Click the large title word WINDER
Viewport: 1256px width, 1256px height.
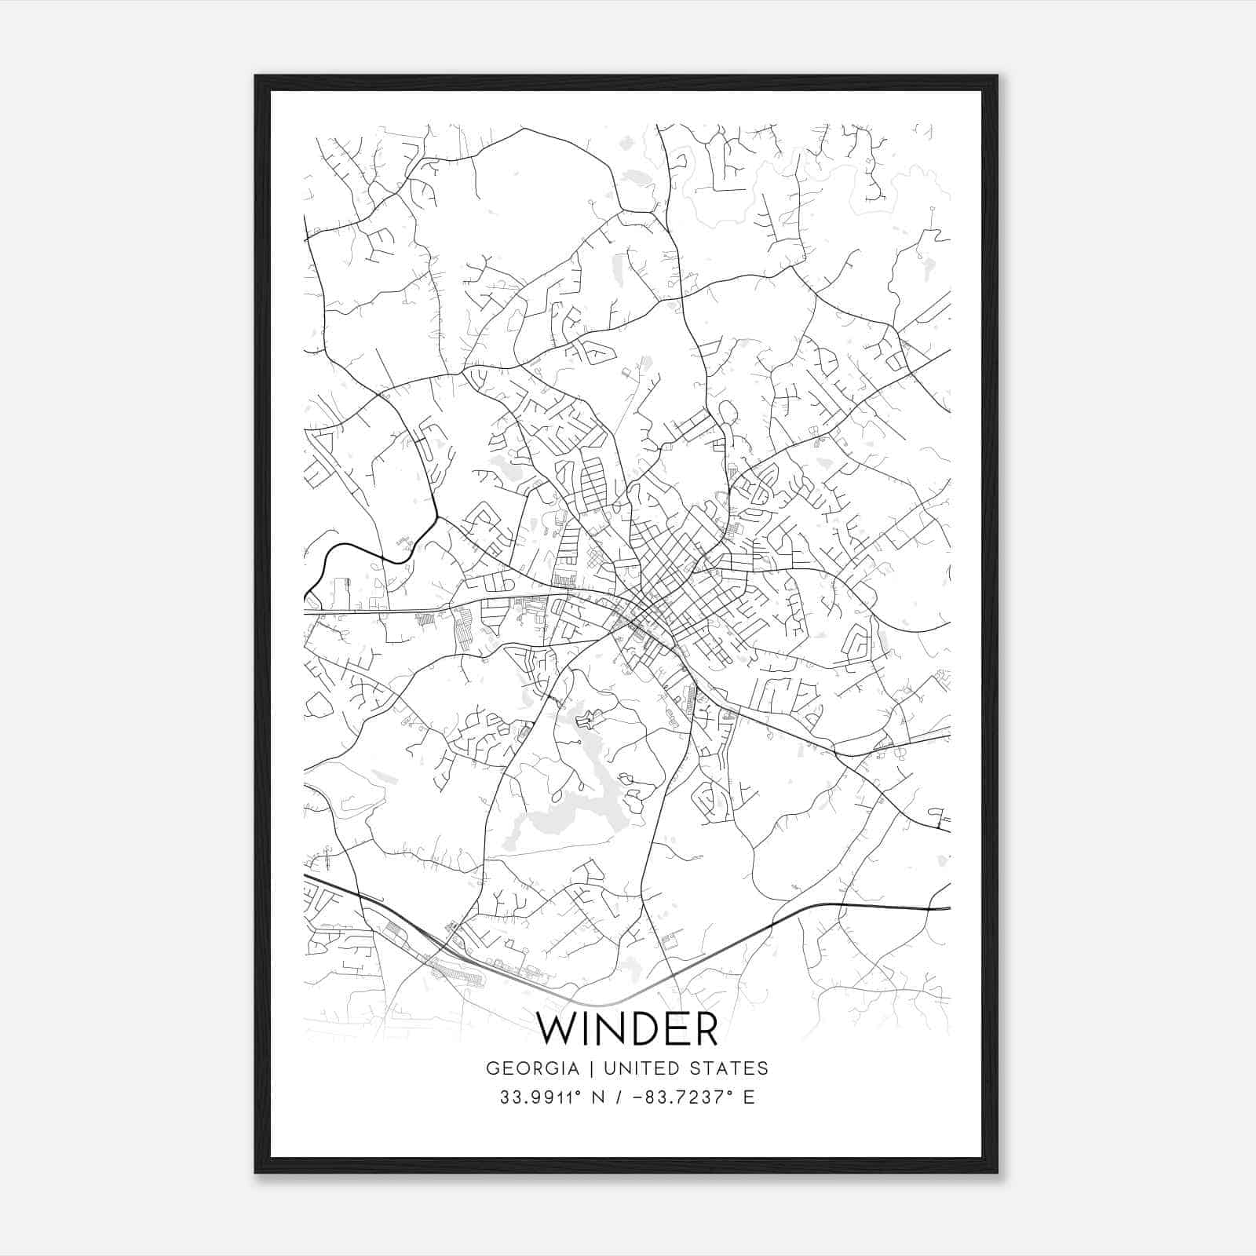(x=627, y=1030)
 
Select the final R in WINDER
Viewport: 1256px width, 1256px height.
(x=706, y=1030)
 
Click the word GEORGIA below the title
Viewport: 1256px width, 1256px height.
(x=532, y=1068)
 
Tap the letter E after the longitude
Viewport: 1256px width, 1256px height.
(x=749, y=1097)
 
